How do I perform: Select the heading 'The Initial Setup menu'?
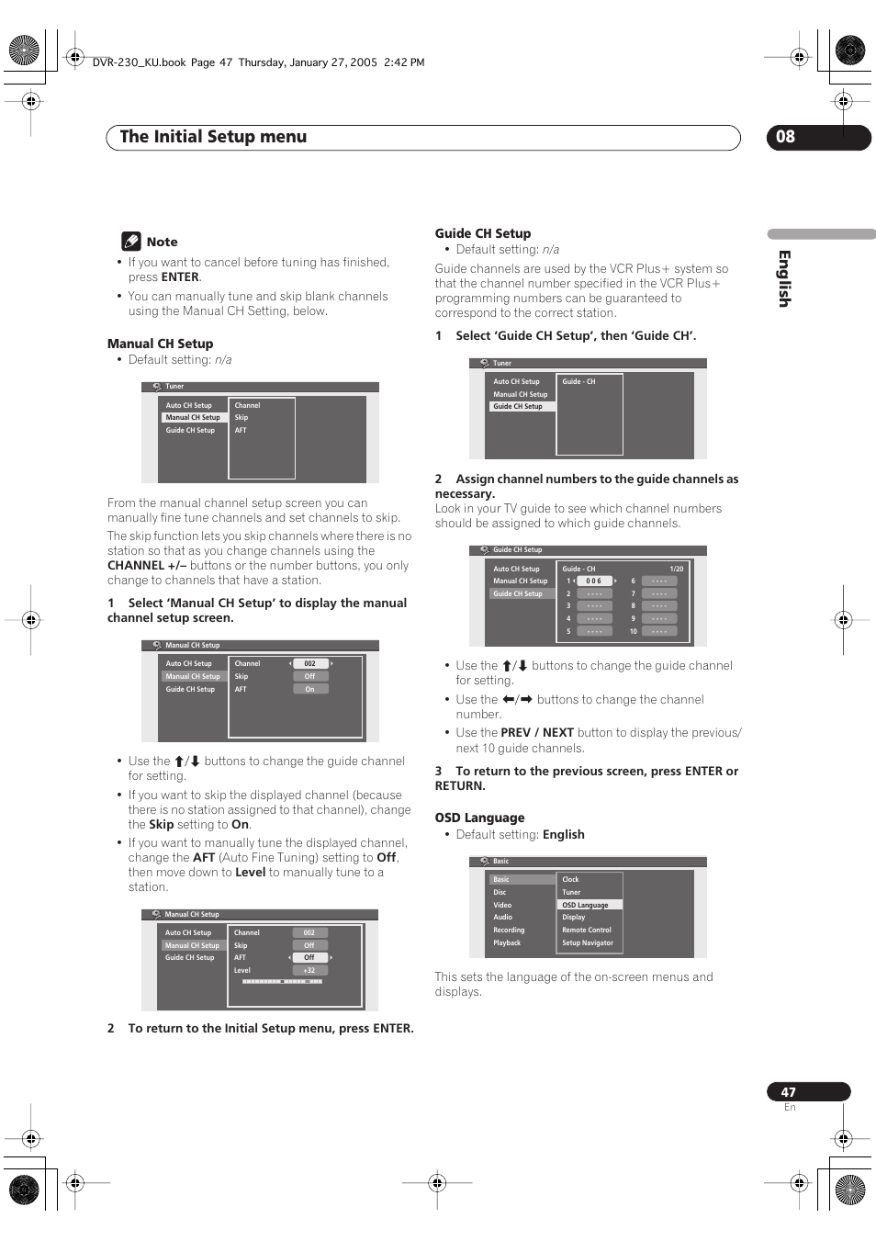click(213, 137)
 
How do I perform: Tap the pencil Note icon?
click(131, 242)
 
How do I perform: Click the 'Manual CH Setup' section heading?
click(160, 344)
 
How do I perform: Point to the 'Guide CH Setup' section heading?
click(482, 233)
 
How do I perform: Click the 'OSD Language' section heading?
click(479, 818)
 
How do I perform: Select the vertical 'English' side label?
click(784, 278)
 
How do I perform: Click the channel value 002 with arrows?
click(310, 663)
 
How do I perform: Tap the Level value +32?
click(309, 970)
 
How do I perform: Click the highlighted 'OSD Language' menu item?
click(586, 905)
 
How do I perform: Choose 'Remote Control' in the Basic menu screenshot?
click(587, 930)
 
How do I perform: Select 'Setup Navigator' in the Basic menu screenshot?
click(588, 942)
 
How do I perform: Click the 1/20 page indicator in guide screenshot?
click(676, 569)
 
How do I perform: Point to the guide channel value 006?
click(594, 581)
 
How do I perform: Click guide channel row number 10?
click(633, 631)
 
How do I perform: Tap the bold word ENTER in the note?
click(180, 277)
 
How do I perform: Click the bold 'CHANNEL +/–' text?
click(147, 566)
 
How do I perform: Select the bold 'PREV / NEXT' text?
click(537, 733)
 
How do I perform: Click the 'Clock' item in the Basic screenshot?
click(570, 879)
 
